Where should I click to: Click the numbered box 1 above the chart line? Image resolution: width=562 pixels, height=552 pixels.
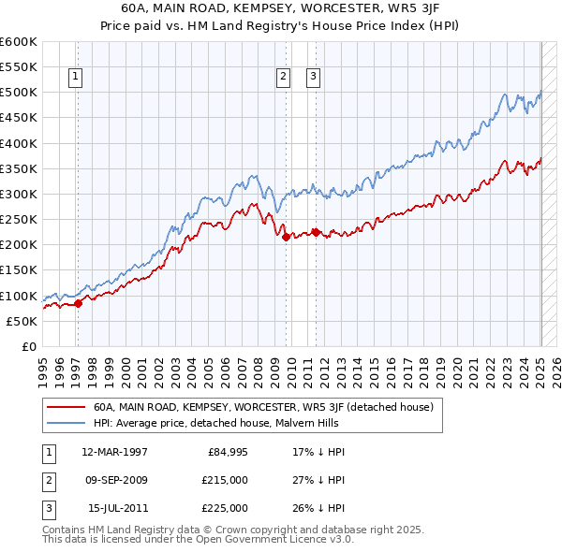click(x=74, y=79)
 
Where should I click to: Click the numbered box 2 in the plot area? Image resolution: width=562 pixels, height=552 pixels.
click(x=282, y=79)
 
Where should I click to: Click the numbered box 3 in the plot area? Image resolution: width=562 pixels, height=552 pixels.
click(x=312, y=79)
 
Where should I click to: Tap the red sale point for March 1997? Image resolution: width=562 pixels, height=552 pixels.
click(x=79, y=302)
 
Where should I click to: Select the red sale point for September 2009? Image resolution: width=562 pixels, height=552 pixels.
click(x=286, y=237)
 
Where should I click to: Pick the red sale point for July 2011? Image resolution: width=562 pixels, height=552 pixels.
click(x=317, y=231)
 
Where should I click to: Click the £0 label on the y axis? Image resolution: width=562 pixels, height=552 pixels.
click(x=28, y=346)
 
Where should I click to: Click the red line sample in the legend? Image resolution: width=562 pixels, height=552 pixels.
click(x=65, y=408)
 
